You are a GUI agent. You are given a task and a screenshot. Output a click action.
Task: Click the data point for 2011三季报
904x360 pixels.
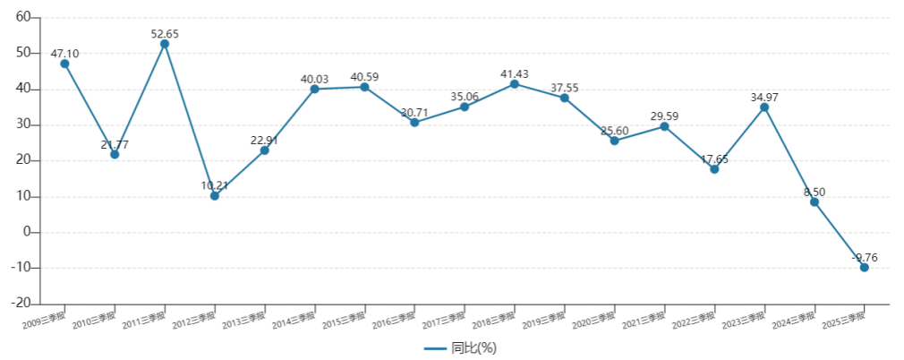click(x=165, y=44)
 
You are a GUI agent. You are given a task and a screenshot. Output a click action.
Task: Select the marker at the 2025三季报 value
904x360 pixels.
click(x=864, y=267)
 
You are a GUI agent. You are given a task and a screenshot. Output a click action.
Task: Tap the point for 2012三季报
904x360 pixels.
click(x=215, y=195)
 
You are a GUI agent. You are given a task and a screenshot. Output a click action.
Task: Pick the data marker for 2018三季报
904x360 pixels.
click(x=515, y=84)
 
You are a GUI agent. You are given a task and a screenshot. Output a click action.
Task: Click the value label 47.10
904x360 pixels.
click(x=64, y=54)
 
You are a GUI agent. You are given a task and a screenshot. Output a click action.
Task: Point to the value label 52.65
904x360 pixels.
click(x=165, y=34)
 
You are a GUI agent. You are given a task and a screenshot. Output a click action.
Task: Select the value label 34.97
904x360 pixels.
click(x=763, y=97)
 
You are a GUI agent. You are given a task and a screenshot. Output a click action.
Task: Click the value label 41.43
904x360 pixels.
click(x=515, y=73)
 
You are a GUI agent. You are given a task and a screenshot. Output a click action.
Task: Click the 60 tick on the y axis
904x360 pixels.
click(x=23, y=17)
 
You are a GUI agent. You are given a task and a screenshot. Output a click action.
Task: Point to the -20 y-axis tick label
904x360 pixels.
click(x=21, y=304)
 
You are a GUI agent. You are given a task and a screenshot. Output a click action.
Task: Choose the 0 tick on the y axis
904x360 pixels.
click(x=29, y=232)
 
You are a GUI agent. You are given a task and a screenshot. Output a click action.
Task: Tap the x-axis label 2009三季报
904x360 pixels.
click(x=44, y=318)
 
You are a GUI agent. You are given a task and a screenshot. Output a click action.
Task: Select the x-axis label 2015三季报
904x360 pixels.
click(x=344, y=318)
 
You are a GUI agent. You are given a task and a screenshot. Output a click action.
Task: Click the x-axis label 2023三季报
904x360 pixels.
click(x=743, y=318)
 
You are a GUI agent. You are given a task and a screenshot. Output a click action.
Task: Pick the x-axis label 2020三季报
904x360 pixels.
click(x=593, y=318)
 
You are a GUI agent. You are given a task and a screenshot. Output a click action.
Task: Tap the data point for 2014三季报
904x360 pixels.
click(x=315, y=89)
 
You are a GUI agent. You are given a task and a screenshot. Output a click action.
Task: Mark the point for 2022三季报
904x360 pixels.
click(x=714, y=169)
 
